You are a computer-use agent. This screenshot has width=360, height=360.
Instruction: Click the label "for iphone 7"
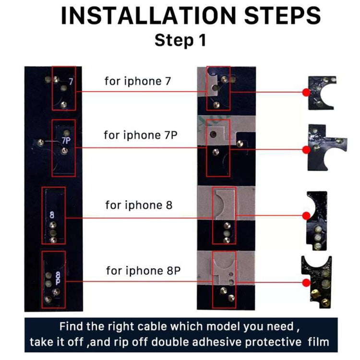(137, 81)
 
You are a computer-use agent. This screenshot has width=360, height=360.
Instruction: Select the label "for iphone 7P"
(141, 135)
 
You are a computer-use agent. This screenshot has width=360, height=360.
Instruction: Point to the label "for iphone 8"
(139, 205)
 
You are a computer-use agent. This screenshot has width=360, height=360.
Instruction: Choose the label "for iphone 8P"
(143, 270)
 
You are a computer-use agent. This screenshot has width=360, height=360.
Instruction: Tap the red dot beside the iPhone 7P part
(306, 149)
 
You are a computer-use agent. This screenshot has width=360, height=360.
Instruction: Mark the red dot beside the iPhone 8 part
(306, 218)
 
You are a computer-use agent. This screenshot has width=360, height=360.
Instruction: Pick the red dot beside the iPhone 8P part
(305, 283)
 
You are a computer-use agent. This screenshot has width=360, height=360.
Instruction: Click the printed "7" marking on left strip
(71, 82)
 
